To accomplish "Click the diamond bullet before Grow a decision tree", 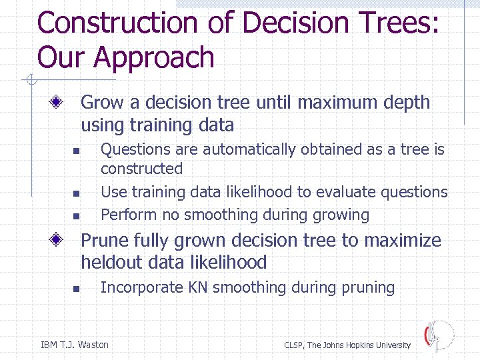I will point(59,103).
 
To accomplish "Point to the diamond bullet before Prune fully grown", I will point(59,241).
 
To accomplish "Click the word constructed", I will point(141,169).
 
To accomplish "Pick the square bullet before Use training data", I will point(76,193).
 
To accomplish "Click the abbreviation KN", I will point(199,288).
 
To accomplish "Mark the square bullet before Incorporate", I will point(76,289).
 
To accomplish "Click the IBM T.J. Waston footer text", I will point(75,345).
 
